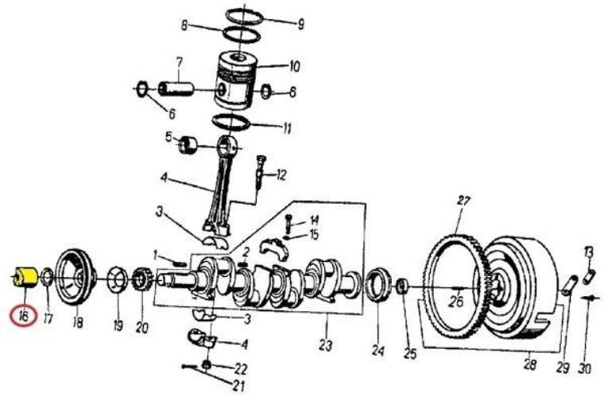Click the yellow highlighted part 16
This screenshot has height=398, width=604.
(x=25, y=277)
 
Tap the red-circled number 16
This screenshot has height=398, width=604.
(x=24, y=316)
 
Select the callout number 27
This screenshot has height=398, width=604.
(x=464, y=201)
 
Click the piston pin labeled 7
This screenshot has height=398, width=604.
(x=176, y=89)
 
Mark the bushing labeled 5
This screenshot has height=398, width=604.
(x=188, y=145)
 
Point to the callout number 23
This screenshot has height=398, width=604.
(x=326, y=345)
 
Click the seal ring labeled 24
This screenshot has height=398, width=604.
(x=377, y=285)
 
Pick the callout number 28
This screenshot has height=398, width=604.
(x=530, y=364)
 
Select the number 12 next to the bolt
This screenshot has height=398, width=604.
(x=281, y=175)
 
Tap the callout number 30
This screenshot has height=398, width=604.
(x=584, y=369)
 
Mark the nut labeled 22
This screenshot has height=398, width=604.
(x=207, y=364)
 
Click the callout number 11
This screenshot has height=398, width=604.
(x=287, y=128)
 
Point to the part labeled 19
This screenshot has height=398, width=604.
(x=117, y=279)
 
